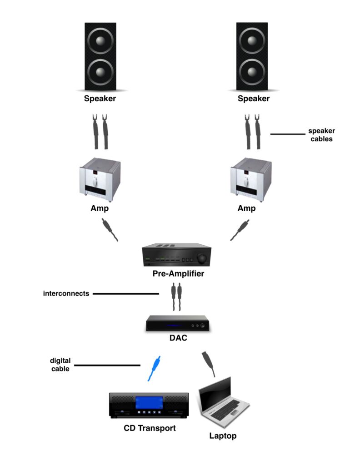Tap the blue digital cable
(x=154, y=368)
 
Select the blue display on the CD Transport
(x=149, y=403)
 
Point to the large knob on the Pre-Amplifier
(x=200, y=259)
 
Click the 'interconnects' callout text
(x=66, y=293)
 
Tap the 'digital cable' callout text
(x=60, y=365)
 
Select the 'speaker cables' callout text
(x=321, y=135)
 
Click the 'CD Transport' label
(x=150, y=428)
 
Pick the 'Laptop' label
(x=223, y=436)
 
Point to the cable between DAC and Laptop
(x=208, y=363)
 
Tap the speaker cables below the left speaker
(x=100, y=132)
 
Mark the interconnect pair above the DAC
(x=177, y=297)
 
